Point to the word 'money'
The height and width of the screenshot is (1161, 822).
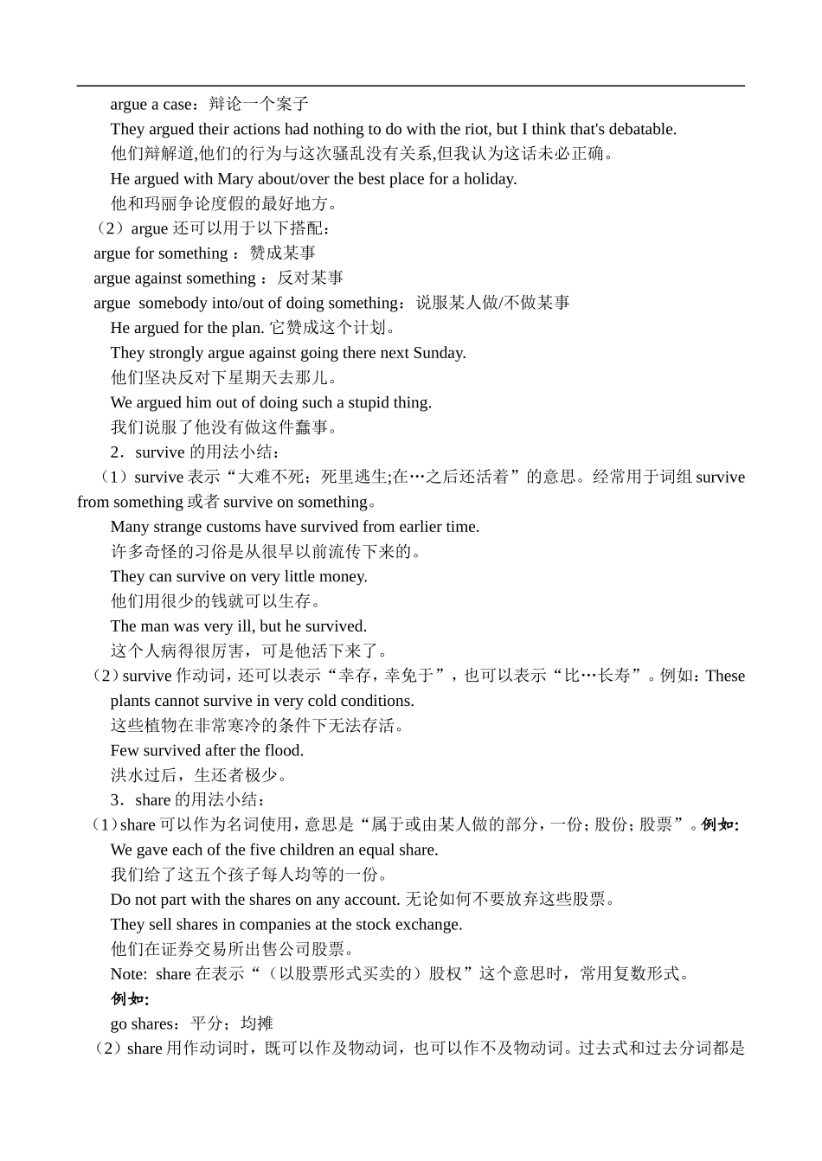(x=343, y=576)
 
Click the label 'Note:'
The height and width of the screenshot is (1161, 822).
(x=129, y=974)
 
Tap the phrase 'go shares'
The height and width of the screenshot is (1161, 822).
(x=142, y=1024)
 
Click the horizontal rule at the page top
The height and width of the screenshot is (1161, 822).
(x=410, y=86)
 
